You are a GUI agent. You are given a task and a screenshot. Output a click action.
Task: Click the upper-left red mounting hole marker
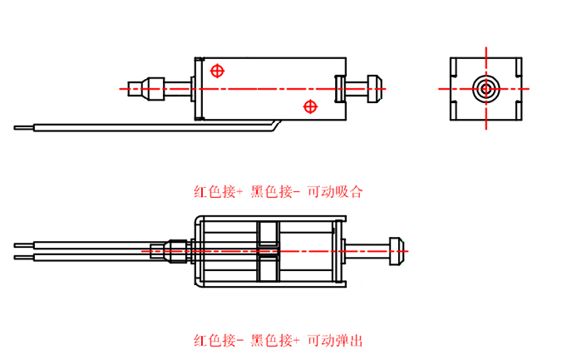click(218, 71)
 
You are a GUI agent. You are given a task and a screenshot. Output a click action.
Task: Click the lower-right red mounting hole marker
click(311, 106)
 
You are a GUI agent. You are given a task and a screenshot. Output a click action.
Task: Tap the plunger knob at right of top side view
click(373, 86)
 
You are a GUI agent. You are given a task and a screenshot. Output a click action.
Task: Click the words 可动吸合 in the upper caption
click(336, 192)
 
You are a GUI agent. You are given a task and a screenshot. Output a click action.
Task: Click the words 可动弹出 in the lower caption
click(335, 340)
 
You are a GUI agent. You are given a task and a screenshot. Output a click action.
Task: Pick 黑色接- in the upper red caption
click(275, 192)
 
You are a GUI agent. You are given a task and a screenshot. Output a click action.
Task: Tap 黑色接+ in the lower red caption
click(275, 340)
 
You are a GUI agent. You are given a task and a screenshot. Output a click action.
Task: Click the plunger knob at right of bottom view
click(397, 249)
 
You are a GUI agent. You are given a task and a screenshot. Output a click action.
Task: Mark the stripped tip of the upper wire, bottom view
click(23, 244)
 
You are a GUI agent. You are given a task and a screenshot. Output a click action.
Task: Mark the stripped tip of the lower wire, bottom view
click(23, 256)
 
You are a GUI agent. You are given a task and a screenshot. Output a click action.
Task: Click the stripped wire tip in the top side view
click(24, 127)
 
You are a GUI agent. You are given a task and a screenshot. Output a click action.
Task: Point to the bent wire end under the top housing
click(274, 125)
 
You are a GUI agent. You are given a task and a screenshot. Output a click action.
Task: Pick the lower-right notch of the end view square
click(515, 111)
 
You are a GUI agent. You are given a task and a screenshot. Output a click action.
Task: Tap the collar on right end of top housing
click(341, 86)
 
